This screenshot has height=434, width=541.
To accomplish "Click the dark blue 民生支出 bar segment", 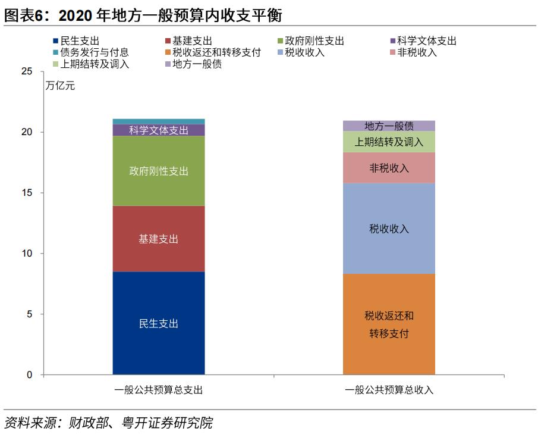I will click(159, 323).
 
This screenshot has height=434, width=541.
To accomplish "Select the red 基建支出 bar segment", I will click(159, 239).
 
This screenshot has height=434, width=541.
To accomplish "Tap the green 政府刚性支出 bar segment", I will click(159, 171).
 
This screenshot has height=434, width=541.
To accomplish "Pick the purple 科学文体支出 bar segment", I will click(159, 130).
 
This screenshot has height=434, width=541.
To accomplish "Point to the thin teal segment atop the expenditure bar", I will click(159, 121).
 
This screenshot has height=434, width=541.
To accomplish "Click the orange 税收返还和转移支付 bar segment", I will click(389, 324).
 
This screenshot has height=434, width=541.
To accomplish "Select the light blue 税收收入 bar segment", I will click(389, 229).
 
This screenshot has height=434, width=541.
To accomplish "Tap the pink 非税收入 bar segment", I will click(389, 168).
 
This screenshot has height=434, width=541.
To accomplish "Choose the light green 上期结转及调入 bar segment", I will click(389, 142).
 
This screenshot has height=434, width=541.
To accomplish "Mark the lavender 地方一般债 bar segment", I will click(389, 126).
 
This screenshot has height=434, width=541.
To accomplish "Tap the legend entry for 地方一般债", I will click(197, 64).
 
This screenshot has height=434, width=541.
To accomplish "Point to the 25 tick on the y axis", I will click(27, 71).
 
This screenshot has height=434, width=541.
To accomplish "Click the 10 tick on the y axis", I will click(27, 254).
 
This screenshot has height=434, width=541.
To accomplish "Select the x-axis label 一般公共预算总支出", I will click(159, 391).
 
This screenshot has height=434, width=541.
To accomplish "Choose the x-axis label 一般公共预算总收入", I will click(389, 391).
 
